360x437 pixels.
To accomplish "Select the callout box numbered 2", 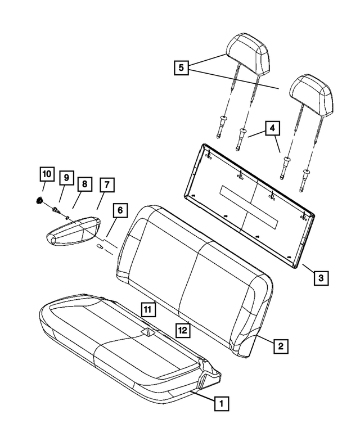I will point(280,345).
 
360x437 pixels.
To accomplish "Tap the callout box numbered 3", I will point(319,277).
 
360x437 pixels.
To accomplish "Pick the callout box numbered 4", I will point(272,128).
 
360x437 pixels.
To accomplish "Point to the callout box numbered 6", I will point(119,210).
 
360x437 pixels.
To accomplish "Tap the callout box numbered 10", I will point(47,174).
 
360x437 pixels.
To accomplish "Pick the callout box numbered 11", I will point(148,308).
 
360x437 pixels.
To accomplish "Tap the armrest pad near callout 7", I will point(76,231).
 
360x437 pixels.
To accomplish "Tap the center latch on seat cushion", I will point(148,332).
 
